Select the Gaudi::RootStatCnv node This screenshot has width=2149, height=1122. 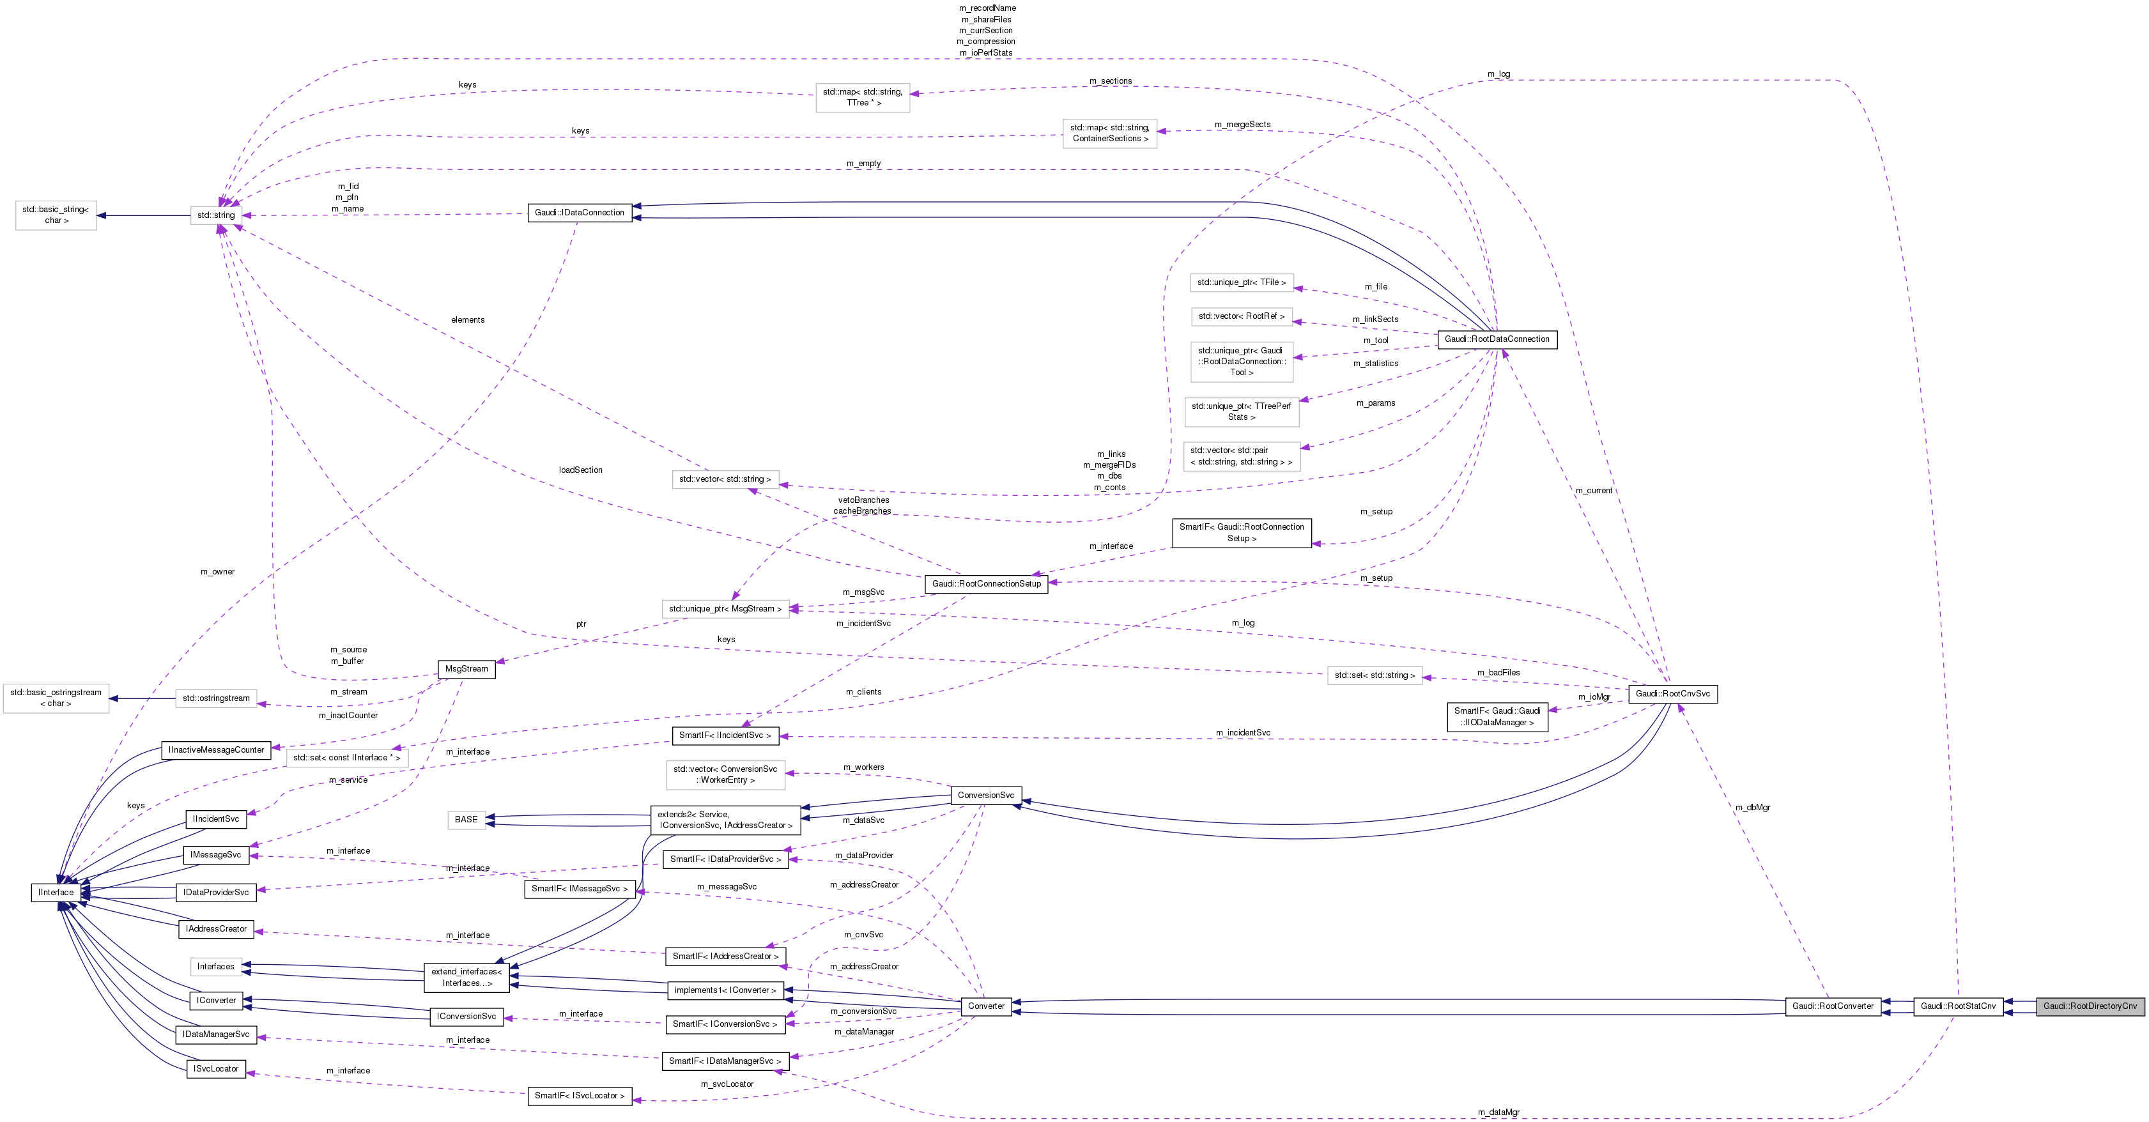1958,1006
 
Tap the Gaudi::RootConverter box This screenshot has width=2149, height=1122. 1833,1006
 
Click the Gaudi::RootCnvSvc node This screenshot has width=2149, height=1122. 1672,693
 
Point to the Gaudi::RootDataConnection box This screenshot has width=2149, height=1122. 1497,339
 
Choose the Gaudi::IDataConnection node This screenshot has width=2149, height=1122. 579,213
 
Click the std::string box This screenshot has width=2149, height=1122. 216,215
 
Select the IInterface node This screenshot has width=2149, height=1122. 56,893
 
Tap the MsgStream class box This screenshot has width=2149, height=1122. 466,669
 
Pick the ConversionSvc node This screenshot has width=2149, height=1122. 985,795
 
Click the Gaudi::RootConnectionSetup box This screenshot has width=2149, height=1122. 986,584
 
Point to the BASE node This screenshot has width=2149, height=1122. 466,819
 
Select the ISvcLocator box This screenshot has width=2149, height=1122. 216,1068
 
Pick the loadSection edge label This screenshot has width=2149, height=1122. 581,470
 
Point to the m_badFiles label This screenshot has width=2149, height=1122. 1498,672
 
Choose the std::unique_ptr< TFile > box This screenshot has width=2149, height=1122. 1242,283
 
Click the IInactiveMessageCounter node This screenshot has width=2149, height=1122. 216,750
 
